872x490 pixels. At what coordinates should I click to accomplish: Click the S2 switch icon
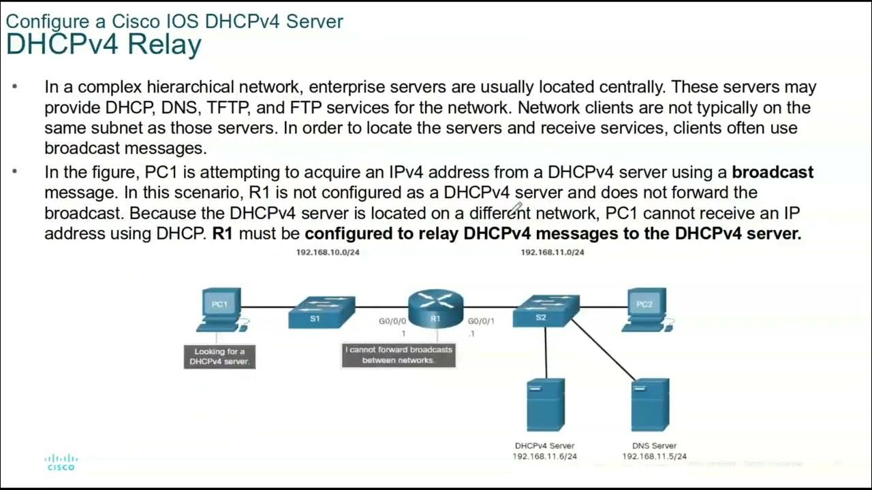click(x=546, y=311)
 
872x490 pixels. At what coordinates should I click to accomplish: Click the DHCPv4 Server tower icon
click(x=545, y=405)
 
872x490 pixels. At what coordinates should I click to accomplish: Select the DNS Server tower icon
click(x=650, y=405)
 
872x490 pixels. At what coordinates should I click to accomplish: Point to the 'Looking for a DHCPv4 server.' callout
click(x=219, y=357)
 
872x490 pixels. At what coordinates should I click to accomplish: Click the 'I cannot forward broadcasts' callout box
click(x=399, y=355)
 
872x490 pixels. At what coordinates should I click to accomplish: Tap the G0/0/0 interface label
click(x=392, y=321)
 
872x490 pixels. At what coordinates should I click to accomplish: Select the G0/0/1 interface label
click(x=481, y=321)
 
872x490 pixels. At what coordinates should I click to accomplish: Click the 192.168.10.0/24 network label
click(x=328, y=252)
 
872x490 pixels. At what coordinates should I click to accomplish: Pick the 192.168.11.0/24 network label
click(x=552, y=252)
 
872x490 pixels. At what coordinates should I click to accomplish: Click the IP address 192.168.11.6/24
click(x=544, y=456)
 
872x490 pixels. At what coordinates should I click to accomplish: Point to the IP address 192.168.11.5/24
click(x=654, y=456)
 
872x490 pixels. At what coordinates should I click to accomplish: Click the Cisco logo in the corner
click(x=61, y=462)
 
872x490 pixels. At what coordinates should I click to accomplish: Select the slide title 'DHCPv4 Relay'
click(x=104, y=45)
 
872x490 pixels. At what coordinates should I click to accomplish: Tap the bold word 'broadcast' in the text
click(x=773, y=172)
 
